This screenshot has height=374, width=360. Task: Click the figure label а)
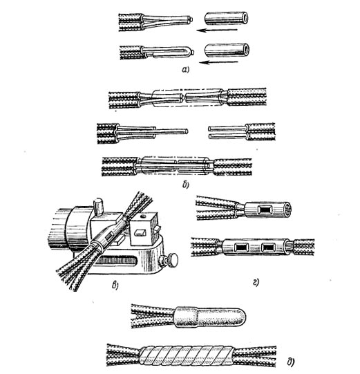[x=185, y=69]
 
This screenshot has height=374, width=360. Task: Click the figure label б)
[x=186, y=185]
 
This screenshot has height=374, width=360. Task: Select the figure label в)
[x=115, y=285]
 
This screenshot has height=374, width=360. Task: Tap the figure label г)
[x=256, y=283]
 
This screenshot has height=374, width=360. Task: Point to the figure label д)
[x=291, y=362]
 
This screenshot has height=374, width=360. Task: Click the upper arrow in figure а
[x=217, y=30]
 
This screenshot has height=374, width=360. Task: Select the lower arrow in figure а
[x=218, y=62]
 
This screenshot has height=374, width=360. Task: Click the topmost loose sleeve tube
[x=227, y=19]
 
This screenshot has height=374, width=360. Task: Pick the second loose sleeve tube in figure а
[x=227, y=50]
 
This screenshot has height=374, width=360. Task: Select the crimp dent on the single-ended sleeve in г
[x=265, y=209]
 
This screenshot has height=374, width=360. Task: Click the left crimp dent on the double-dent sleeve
[x=242, y=247]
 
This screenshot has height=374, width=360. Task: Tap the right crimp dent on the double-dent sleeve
[x=268, y=247]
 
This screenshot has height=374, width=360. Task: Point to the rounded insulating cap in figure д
[x=210, y=317]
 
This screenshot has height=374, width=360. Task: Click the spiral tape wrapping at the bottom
[x=186, y=355]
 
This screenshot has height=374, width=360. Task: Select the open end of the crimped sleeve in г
[x=287, y=209]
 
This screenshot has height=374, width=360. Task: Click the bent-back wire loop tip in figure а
[x=191, y=52]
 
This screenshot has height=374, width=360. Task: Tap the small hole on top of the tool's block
[x=143, y=216]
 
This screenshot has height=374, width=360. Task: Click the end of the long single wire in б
[x=187, y=131]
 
